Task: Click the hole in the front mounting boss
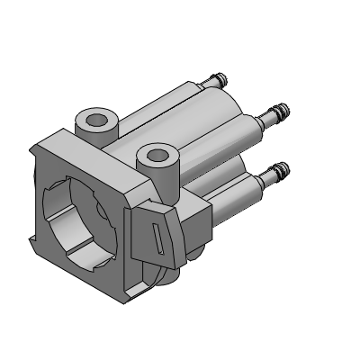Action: coord(156,156)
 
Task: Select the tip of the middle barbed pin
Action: coord(286,112)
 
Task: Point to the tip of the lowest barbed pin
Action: coord(285,167)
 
